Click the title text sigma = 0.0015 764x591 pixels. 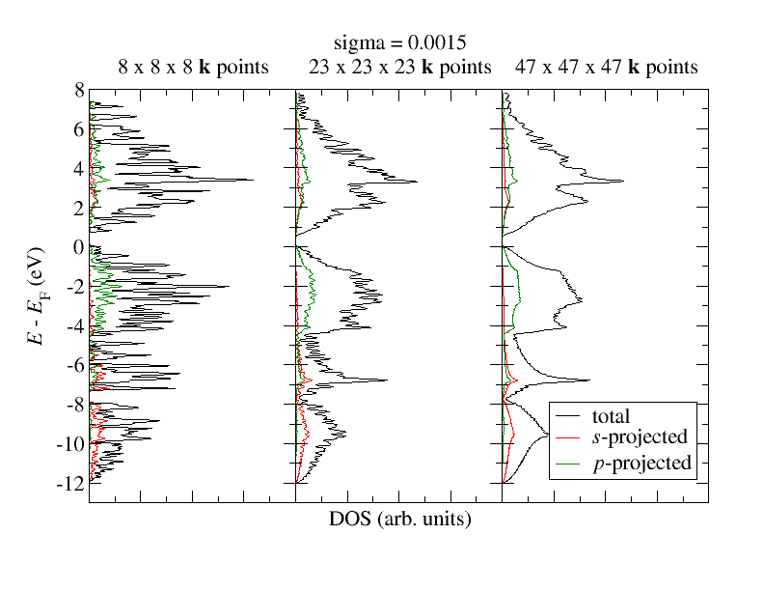pos(399,43)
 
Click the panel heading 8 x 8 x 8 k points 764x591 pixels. pos(193,67)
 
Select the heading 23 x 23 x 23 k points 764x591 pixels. pos(400,67)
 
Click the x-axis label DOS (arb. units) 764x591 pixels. pos(399,520)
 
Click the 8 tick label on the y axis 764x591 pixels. pos(78,91)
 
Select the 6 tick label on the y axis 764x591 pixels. pos(78,129)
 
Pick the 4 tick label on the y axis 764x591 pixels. pos(78,169)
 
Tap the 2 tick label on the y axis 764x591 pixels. pos(78,208)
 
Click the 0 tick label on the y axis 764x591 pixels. pos(78,247)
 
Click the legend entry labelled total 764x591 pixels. pos(610,417)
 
